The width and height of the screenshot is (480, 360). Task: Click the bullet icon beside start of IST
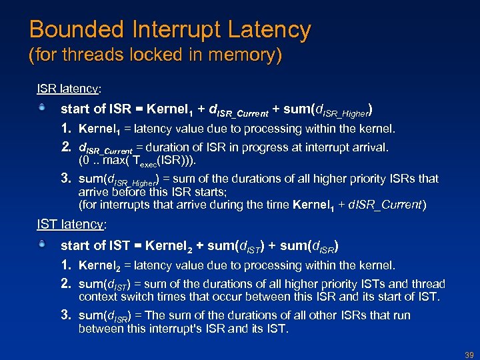click(x=42, y=245)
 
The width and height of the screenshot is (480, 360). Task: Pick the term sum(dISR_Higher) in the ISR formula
click(x=329, y=109)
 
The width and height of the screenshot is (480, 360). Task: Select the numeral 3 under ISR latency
click(x=66, y=178)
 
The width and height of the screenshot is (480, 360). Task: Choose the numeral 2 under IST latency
click(x=66, y=284)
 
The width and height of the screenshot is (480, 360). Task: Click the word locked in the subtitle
click(x=147, y=55)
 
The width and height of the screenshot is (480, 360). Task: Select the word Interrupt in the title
click(x=175, y=30)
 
